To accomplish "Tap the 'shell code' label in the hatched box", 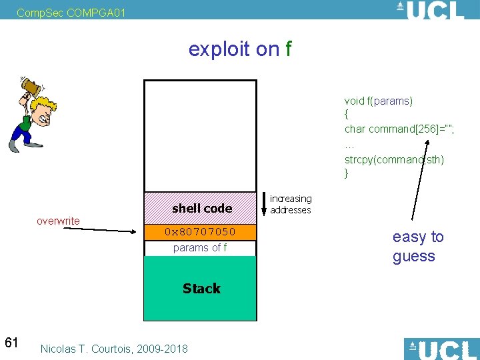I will pyautogui.click(x=201, y=209).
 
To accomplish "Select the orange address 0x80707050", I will pyautogui.click(x=200, y=232).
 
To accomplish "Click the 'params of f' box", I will pyautogui.click(x=200, y=248).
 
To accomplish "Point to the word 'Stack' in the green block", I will pyautogui.click(x=201, y=289).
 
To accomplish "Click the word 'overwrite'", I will pyautogui.click(x=58, y=221).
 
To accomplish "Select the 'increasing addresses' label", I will pyautogui.click(x=291, y=204).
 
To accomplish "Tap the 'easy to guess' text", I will pyautogui.click(x=418, y=247).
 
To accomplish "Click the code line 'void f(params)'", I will pyautogui.click(x=379, y=101).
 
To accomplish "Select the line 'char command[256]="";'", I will pyautogui.click(x=399, y=129).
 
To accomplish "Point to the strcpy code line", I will pyautogui.click(x=394, y=159).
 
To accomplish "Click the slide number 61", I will pyautogui.click(x=11, y=343).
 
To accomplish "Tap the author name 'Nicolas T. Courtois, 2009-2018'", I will pyautogui.click(x=114, y=349).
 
